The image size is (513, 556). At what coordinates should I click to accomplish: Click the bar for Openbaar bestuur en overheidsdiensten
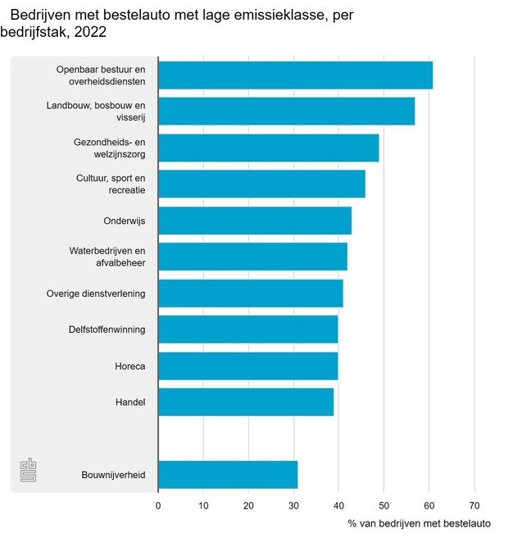[x=295, y=75]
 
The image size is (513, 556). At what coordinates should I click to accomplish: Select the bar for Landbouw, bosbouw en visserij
[x=286, y=111]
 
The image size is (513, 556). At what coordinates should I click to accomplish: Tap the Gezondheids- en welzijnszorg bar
[x=268, y=148]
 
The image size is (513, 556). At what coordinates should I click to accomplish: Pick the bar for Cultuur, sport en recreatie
[x=261, y=184]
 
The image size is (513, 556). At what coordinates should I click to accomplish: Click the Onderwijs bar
[x=254, y=221]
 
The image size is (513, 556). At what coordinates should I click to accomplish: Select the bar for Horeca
[x=247, y=366]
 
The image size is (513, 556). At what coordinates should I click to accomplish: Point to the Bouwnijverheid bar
[x=228, y=475]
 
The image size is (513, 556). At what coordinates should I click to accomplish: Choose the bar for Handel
[x=246, y=402]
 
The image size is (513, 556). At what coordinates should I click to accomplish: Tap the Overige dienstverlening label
[x=96, y=294]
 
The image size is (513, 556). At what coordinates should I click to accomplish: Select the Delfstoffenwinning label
[x=107, y=330]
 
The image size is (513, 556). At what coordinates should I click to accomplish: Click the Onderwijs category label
[x=125, y=221]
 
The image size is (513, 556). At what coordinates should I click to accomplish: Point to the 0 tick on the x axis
[x=158, y=505]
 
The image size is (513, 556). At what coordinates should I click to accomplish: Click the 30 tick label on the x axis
[x=293, y=505]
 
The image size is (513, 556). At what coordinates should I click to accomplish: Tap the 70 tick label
[x=474, y=505]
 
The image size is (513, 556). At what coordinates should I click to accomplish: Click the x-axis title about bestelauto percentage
[x=419, y=524]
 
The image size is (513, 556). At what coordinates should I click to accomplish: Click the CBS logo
[x=29, y=472]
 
